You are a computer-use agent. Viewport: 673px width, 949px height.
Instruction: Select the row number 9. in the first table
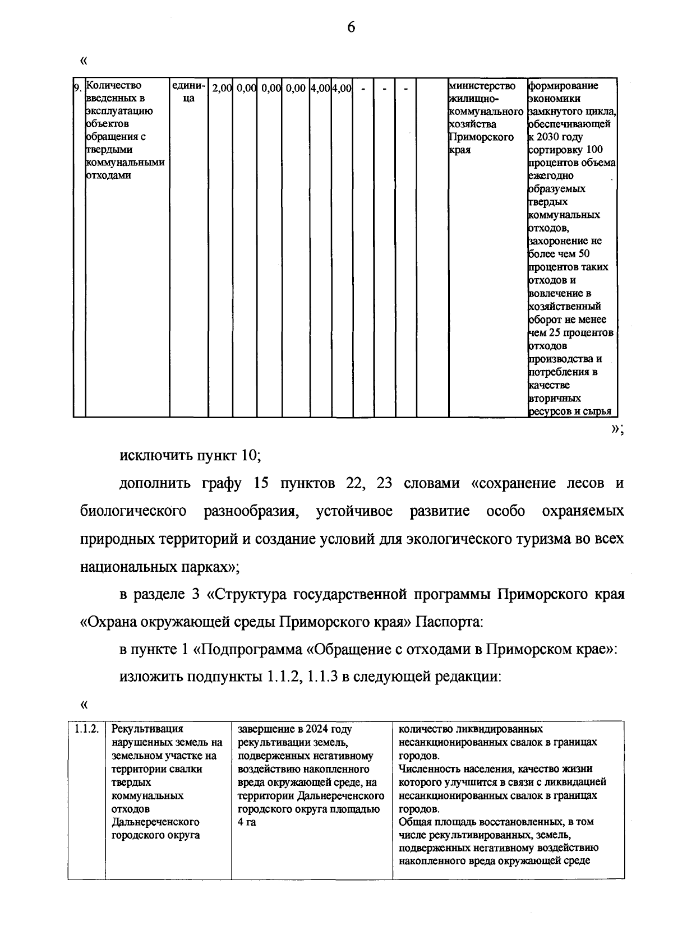click(79, 87)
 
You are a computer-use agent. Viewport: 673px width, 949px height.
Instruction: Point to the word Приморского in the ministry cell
click(481, 137)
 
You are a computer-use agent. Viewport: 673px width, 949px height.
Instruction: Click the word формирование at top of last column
click(563, 86)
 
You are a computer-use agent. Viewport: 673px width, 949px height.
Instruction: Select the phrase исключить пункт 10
click(190, 455)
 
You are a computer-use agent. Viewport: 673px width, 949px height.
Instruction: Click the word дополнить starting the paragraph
click(155, 483)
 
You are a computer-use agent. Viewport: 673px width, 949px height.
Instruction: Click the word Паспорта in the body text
click(448, 622)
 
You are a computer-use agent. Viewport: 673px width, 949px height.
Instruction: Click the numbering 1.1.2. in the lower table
click(87, 729)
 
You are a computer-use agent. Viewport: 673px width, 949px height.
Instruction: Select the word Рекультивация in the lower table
click(147, 729)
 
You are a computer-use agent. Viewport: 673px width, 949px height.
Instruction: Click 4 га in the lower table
click(247, 822)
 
